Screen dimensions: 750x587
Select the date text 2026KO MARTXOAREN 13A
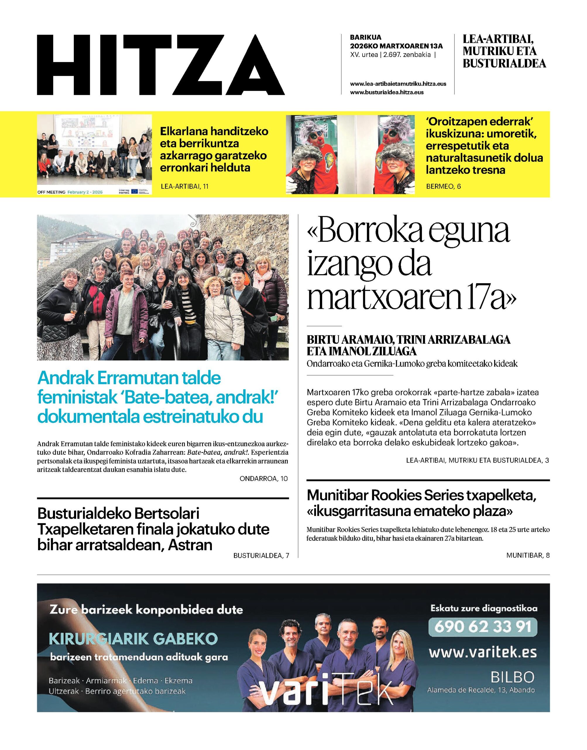coord(396,46)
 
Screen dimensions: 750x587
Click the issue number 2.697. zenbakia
coord(407,55)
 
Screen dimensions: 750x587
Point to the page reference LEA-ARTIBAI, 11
coord(185,186)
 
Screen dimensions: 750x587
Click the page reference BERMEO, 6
coord(443,186)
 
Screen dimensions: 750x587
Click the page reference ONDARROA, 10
coord(264,478)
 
